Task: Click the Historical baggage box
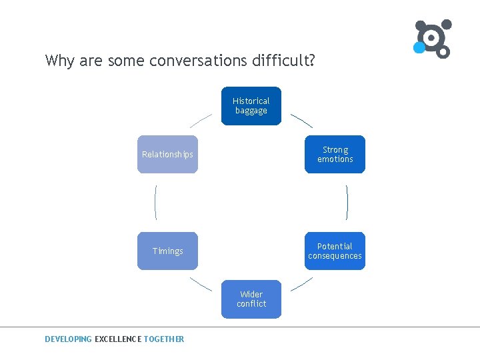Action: point(251,106)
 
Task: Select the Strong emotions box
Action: point(335,155)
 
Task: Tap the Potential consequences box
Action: point(335,251)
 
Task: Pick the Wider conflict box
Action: point(251,299)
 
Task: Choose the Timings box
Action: point(167,251)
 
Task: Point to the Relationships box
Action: point(167,155)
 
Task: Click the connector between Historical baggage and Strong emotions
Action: point(301,120)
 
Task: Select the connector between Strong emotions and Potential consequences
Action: point(347,202)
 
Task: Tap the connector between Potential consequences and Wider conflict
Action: point(302,285)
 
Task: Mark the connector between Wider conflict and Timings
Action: point(201,283)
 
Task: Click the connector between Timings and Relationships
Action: point(155,202)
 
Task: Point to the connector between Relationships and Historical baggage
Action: point(201,120)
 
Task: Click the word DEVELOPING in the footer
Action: point(68,339)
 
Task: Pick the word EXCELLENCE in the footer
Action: point(118,339)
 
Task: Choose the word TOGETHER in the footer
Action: point(164,339)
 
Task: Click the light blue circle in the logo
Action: point(419,47)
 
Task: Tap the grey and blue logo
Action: point(433,39)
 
